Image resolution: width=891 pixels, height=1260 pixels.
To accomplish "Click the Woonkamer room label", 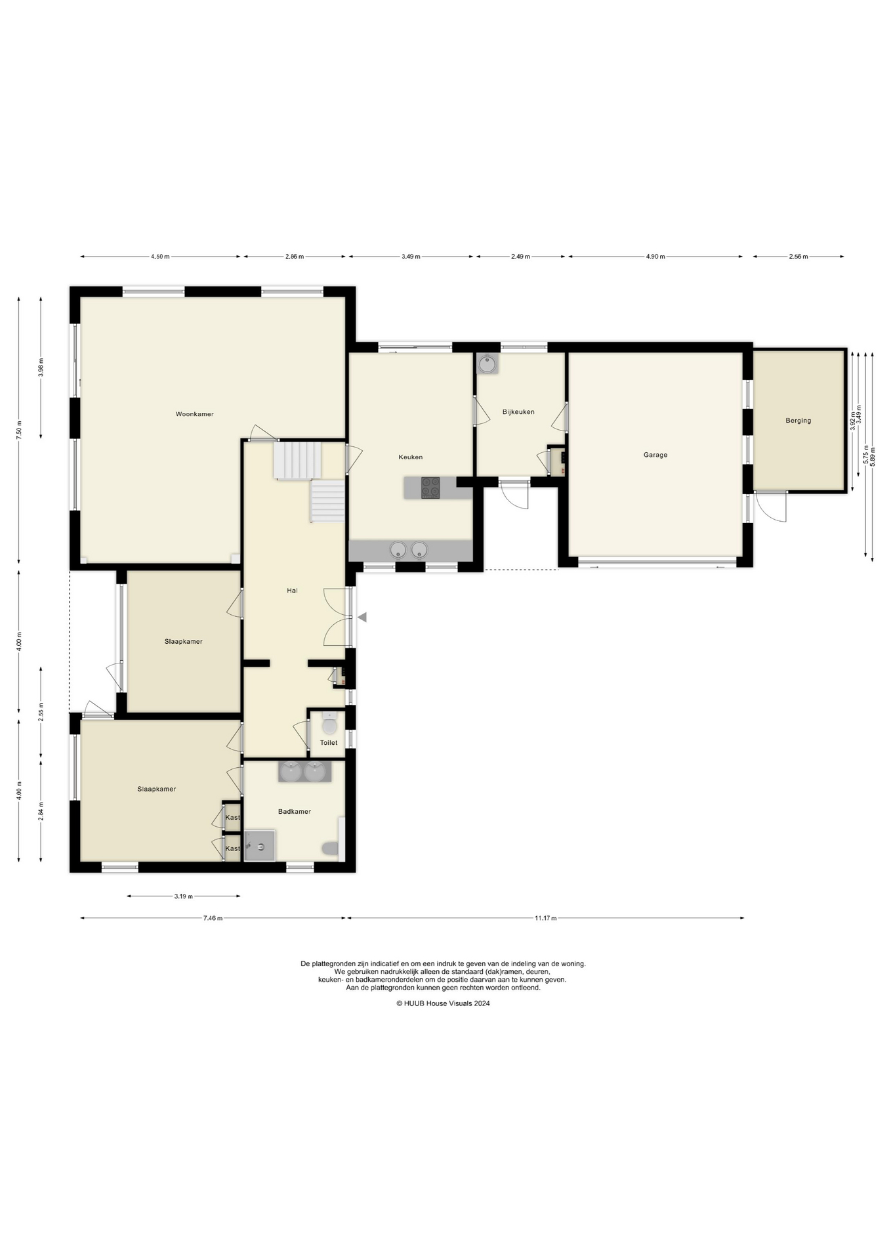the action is coord(194,414).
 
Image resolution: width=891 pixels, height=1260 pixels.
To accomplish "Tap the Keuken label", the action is coord(411,457).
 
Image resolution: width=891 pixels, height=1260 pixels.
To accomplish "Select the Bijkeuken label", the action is coord(518,412).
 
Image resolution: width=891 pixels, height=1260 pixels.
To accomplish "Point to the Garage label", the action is coord(655,455).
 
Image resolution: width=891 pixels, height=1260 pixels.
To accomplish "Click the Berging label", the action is coord(798,421).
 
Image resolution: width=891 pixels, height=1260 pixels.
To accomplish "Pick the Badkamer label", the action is coord(295,812).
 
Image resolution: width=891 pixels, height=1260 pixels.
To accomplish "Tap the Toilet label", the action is coord(329,743).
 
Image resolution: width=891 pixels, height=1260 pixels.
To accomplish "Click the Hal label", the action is coord(292,591).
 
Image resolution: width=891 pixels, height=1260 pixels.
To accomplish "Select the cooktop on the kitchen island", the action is coord(430,488).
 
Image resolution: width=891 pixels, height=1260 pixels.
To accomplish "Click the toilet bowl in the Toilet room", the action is coord(329,724).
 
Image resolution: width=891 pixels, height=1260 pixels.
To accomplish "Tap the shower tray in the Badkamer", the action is coord(259,845).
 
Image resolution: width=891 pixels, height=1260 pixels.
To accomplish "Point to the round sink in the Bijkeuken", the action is coord(487,364).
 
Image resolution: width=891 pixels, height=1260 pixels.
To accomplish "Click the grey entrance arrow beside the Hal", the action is coord(362,618).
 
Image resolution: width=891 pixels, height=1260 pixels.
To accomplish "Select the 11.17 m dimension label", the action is coord(545,918).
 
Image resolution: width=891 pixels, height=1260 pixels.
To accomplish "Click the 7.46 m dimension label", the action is coord(213,918).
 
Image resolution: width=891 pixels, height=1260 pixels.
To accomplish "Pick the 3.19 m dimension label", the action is coord(183,896).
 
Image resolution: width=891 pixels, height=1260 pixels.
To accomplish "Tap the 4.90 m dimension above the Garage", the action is coord(655,257).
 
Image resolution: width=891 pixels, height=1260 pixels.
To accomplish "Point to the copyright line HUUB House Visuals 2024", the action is coord(443,1003).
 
